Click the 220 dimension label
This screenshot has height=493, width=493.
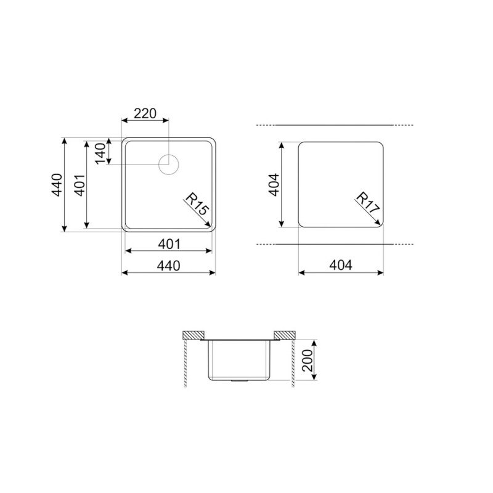point(145,113)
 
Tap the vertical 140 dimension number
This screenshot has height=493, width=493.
point(100,153)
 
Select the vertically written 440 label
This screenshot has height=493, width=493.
point(57,185)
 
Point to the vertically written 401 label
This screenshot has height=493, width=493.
point(80,185)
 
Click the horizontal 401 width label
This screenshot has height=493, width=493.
point(169,244)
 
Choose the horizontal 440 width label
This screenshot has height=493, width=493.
point(169,266)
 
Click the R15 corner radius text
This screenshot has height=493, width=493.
point(197,205)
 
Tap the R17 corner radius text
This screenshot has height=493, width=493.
point(367,203)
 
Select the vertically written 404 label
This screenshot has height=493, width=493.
point(274,185)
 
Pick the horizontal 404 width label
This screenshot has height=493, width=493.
point(341,266)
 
